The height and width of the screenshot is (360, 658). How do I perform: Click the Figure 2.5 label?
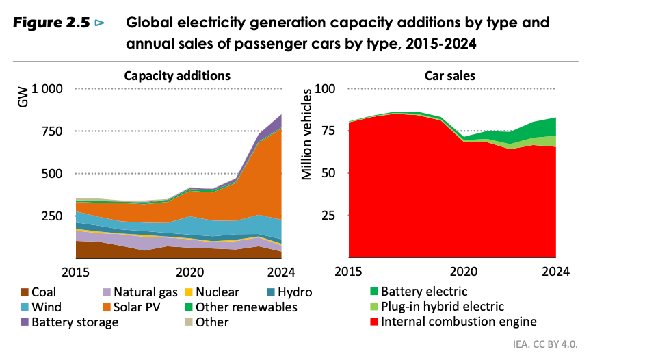[x=51, y=23]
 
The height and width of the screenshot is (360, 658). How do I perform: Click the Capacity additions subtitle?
[x=176, y=75]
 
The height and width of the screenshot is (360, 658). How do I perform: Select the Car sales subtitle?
[x=449, y=75]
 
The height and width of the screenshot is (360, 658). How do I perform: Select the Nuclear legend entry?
[x=217, y=292]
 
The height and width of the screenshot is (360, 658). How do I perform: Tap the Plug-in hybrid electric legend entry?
[x=442, y=307]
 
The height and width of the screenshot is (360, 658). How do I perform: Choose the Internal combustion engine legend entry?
[x=458, y=322]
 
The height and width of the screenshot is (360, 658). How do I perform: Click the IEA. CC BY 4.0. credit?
[x=610, y=345]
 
